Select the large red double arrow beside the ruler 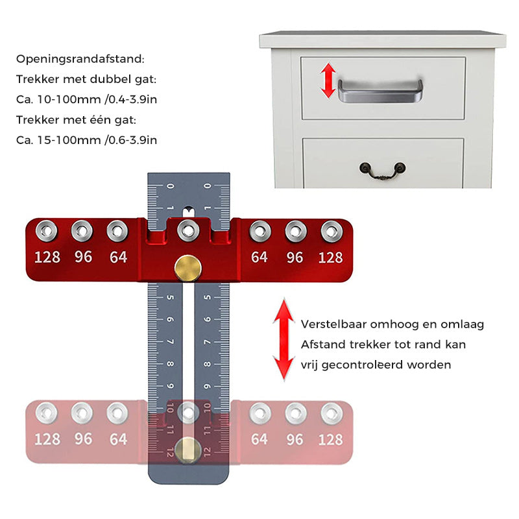[x=283, y=339]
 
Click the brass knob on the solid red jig [x=187, y=268]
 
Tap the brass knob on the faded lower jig [x=187, y=450]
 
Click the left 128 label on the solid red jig [x=47, y=258]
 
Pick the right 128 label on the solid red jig [x=330, y=258]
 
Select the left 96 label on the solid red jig [x=83, y=258]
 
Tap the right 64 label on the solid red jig [x=259, y=258]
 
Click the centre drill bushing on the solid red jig [x=188, y=230]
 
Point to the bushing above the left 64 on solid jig [x=117, y=230]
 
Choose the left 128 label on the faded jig [x=47, y=439]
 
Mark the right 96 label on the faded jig [x=295, y=439]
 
